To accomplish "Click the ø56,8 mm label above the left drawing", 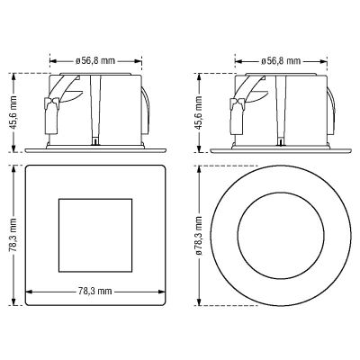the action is pos(95,61).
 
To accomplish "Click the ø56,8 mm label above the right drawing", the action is pos(281,61).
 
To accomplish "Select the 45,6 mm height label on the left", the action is pos(13,112).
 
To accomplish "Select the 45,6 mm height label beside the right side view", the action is pos(199,112).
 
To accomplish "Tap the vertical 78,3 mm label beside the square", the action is pos(13,235).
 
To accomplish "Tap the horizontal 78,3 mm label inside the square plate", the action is pos(95,291).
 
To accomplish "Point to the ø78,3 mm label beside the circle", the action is pos(199,235).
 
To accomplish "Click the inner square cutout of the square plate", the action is pos(95,235).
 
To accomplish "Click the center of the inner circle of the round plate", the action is pos(281,235).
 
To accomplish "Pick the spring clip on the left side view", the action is pos(51,115).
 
